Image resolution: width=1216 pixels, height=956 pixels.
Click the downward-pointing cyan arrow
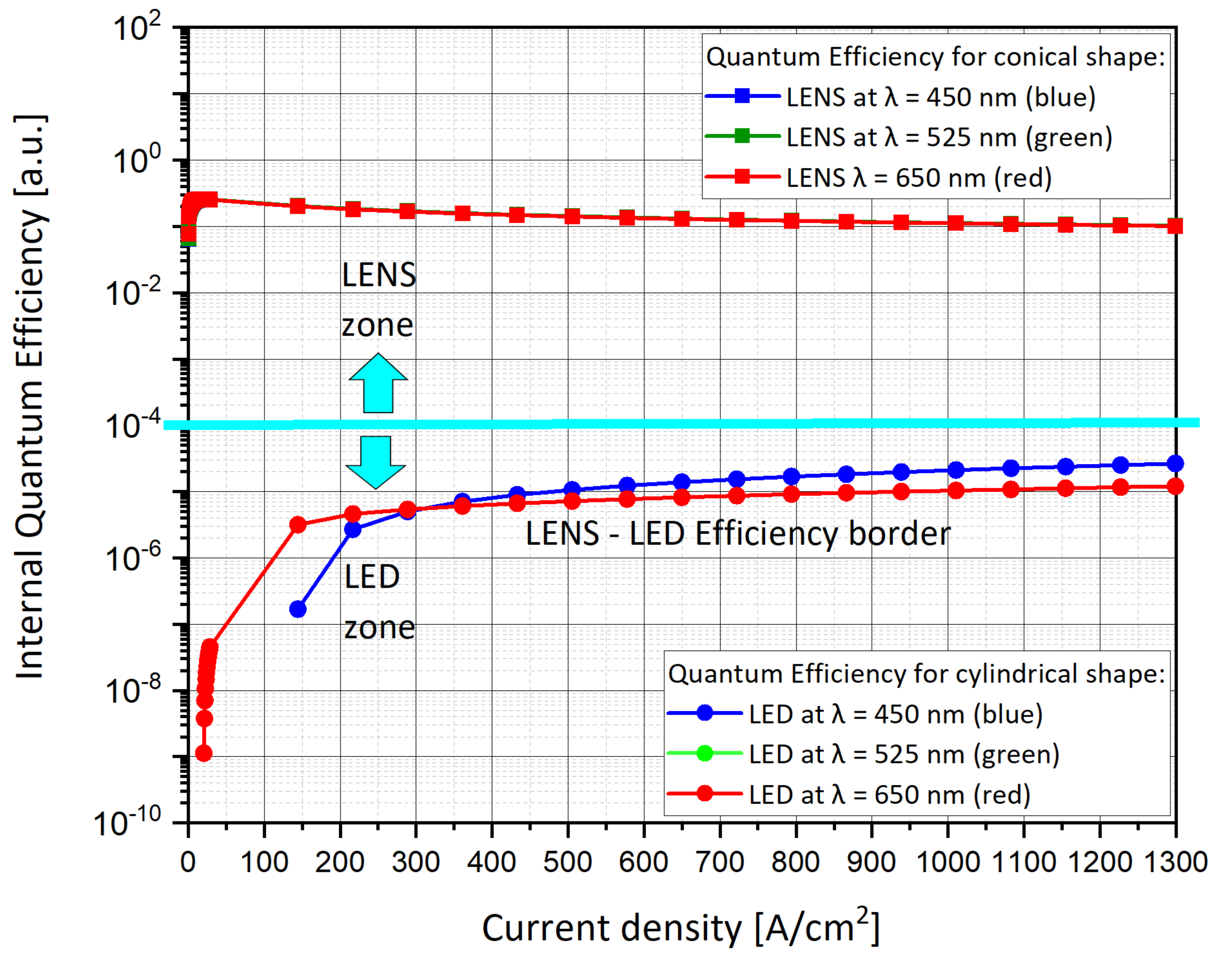click(375, 462)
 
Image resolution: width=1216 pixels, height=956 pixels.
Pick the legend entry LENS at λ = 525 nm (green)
click(949, 138)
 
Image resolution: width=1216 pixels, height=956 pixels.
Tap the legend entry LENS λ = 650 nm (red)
click(918, 178)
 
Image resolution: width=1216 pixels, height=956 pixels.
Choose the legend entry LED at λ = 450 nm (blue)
click(896, 715)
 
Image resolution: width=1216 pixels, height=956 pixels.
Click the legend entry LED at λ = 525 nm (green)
click(904, 755)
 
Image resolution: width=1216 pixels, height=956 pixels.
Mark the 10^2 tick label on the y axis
click(137, 28)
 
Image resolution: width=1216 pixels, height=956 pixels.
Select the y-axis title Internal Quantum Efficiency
click(31, 397)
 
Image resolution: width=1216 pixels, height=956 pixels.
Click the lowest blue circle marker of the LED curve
click(298, 609)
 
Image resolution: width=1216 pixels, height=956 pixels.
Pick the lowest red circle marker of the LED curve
click(204, 753)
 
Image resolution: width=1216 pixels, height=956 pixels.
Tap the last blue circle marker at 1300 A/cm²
click(1175, 463)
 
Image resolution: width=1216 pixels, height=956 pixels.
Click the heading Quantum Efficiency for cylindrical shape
click(916, 674)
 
